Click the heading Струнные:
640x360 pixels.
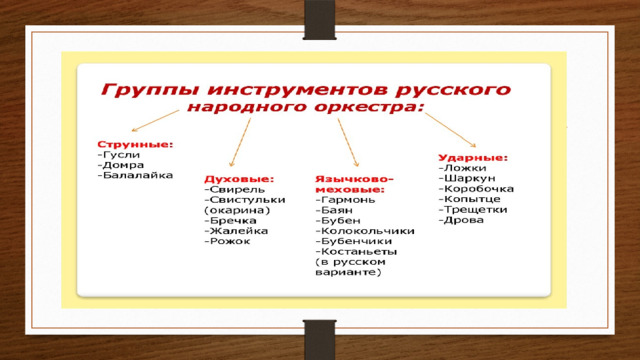click(135, 144)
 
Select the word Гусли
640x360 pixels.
click(121, 155)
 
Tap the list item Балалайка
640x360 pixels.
click(138, 176)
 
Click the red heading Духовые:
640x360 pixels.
click(239, 179)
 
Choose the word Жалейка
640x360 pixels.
click(239, 231)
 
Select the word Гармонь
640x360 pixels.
click(348, 200)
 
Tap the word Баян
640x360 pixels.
click(337, 210)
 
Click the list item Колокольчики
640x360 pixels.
click(368, 231)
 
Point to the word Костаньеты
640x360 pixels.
click(359, 251)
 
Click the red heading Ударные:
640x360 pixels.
click(473, 158)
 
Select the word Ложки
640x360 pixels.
click(465, 168)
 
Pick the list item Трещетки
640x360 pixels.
click(476, 210)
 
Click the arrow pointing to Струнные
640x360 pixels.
click(156, 121)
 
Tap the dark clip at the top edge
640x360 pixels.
click(320, 20)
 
